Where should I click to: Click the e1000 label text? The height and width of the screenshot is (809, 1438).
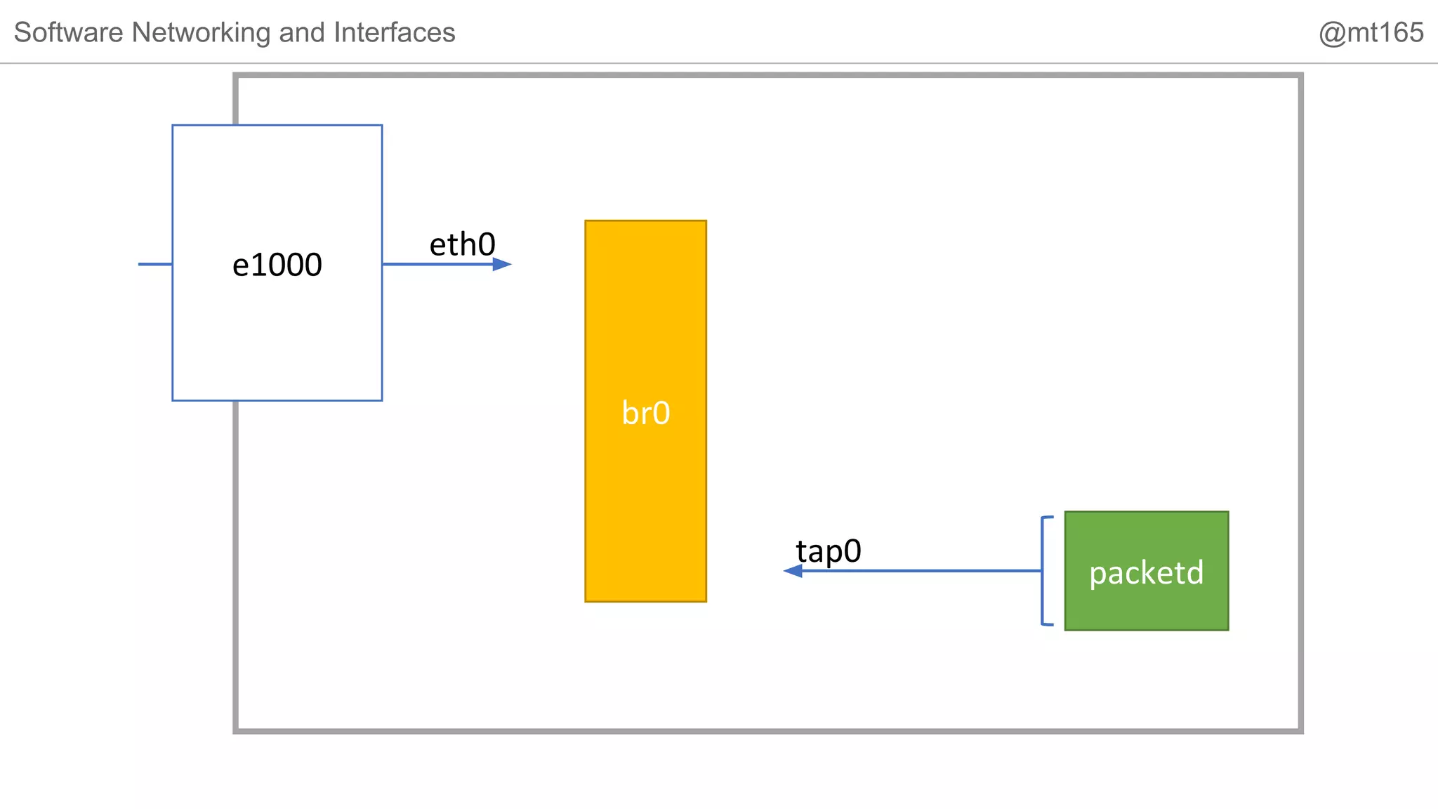click(x=277, y=265)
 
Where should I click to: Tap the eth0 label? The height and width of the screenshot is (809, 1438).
click(x=462, y=245)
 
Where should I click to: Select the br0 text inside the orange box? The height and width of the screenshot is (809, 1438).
click(x=645, y=413)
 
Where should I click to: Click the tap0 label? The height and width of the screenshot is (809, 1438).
click(x=828, y=551)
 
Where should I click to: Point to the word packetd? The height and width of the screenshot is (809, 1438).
click(x=1146, y=573)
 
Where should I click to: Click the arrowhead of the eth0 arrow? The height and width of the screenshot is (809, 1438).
click(x=502, y=264)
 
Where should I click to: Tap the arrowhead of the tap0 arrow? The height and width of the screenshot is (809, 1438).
click(x=793, y=571)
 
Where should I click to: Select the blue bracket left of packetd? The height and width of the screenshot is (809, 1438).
click(x=1043, y=570)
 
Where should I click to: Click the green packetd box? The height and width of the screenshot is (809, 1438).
click(x=1146, y=604)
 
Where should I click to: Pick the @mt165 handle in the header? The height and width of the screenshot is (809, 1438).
click(x=1370, y=32)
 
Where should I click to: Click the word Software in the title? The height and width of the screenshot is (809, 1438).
click(x=69, y=32)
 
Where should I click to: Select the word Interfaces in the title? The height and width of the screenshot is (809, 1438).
click(x=394, y=32)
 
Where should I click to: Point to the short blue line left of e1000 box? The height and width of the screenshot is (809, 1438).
click(x=155, y=264)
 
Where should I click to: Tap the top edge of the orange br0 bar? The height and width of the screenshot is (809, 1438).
click(x=645, y=221)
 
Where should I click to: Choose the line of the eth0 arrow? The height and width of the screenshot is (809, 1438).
click(x=435, y=264)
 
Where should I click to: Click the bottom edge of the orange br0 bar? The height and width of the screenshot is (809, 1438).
click(x=645, y=601)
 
